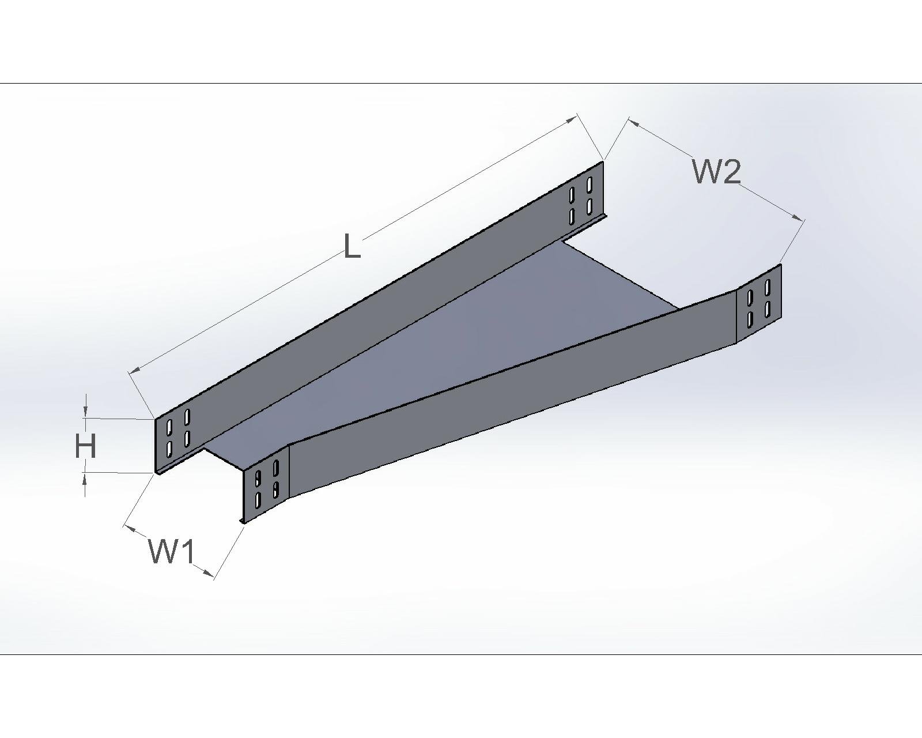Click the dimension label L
point(352,246)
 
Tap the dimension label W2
point(716,171)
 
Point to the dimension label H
point(85,446)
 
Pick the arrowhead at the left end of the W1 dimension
point(130,526)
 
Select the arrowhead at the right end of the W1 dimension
point(208,572)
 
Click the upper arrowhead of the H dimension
point(86,411)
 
